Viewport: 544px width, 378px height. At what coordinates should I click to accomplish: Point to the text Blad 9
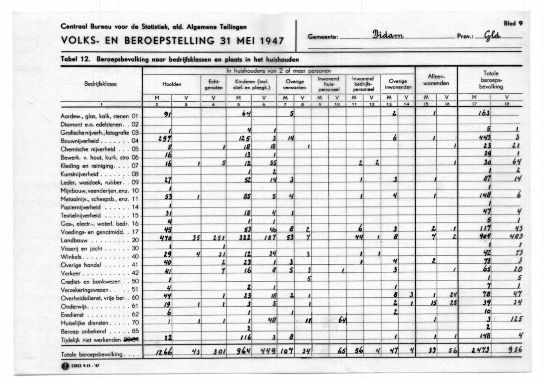[513, 23]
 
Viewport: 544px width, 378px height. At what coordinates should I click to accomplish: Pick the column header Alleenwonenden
[436, 80]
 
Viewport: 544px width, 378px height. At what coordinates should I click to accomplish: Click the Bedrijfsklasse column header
[100, 84]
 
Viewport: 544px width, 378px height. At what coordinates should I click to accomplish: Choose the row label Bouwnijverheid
[79, 141]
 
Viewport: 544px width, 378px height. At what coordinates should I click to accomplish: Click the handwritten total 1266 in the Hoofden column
[164, 352]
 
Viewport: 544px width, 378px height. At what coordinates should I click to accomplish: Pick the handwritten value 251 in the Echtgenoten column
[218, 239]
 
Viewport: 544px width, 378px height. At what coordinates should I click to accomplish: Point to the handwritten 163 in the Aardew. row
[484, 114]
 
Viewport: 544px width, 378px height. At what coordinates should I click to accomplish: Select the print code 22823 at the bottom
[78, 367]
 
